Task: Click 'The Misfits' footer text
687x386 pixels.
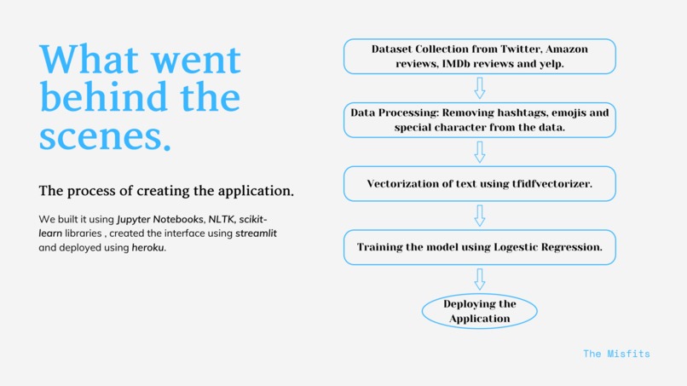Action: [x=616, y=353]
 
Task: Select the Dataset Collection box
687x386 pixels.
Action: [x=479, y=56]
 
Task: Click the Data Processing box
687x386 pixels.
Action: [x=479, y=119]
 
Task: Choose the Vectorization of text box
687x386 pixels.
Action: [x=479, y=183]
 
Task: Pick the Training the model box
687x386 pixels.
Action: [x=479, y=247]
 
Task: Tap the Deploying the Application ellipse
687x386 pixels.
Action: [x=479, y=311]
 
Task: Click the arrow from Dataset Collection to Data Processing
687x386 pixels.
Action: [x=479, y=88]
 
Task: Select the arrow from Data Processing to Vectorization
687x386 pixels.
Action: [x=479, y=152]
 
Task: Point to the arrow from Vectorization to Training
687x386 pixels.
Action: [x=479, y=216]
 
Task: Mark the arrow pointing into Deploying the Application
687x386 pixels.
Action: [x=479, y=279]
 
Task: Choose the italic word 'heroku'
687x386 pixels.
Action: [x=148, y=247]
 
